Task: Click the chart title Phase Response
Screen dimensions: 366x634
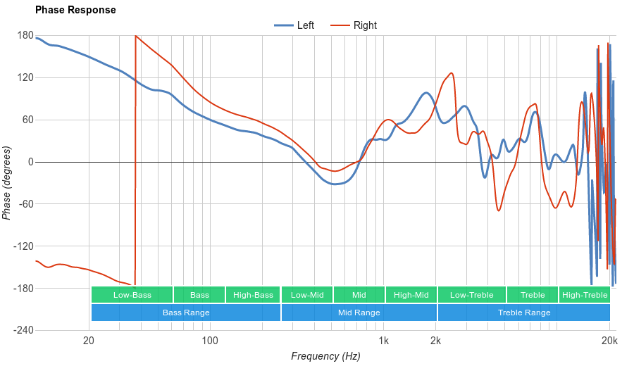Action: [x=75, y=11]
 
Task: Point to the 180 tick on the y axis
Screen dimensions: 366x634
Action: [x=25, y=36]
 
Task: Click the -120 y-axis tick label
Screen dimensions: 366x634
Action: [x=23, y=246]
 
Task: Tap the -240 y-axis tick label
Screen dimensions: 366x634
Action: [x=23, y=331]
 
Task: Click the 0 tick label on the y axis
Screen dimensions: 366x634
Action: [x=30, y=162]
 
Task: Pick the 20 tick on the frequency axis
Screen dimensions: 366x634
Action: [x=89, y=341]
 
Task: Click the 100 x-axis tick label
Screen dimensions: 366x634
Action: [x=209, y=341]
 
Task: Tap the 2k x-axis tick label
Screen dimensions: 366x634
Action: [x=436, y=341]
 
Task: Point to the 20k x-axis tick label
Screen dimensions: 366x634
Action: [x=609, y=341]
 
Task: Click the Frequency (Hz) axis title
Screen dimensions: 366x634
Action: [x=325, y=356]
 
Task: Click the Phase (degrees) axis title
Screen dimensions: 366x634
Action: [x=7, y=183]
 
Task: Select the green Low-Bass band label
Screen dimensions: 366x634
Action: [x=132, y=295]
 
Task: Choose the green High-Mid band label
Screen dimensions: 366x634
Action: [x=411, y=295]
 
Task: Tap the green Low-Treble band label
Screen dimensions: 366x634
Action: [x=471, y=295]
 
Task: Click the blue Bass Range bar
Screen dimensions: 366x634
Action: [x=186, y=313]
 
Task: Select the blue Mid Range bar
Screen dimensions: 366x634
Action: [x=359, y=313]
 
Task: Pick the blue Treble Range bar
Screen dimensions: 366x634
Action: [x=524, y=313]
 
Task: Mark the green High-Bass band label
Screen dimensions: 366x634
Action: [x=253, y=295]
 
